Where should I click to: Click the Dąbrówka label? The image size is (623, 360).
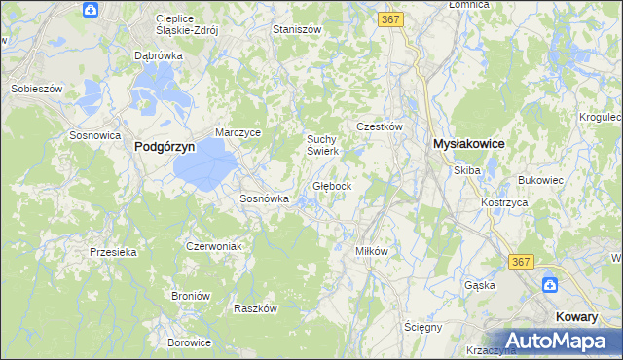(x=159, y=55)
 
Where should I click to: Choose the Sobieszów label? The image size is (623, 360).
(x=36, y=89)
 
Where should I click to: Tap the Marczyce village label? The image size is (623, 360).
(x=238, y=133)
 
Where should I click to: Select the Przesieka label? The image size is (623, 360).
(x=112, y=251)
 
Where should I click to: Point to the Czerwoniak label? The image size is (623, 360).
(x=213, y=246)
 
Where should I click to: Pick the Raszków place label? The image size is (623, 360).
(x=256, y=307)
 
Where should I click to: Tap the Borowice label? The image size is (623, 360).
(x=189, y=342)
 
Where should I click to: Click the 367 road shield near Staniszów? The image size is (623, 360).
(x=391, y=19)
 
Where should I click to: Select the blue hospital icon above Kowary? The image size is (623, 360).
(x=551, y=284)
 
